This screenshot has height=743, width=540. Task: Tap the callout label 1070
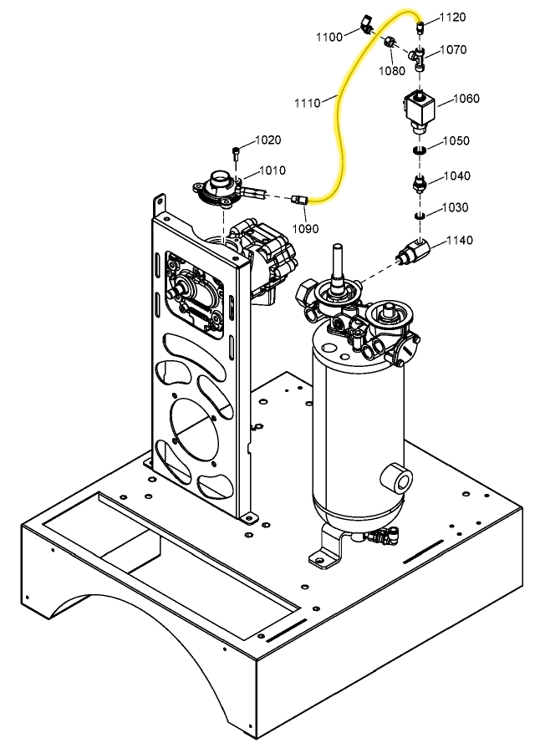(452, 50)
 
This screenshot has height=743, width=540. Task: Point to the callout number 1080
(391, 70)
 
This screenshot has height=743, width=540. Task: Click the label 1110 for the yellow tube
(307, 103)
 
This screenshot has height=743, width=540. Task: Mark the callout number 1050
(456, 140)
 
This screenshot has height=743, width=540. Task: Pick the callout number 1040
(456, 176)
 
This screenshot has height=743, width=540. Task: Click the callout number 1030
(455, 207)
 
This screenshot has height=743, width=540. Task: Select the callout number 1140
(459, 241)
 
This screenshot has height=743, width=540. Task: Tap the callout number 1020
(268, 140)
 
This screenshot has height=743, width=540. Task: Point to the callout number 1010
(272, 170)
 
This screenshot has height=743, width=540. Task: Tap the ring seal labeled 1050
(420, 150)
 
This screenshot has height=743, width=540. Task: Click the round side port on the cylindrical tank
(395, 480)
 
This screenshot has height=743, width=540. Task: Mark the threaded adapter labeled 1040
(420, 183)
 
